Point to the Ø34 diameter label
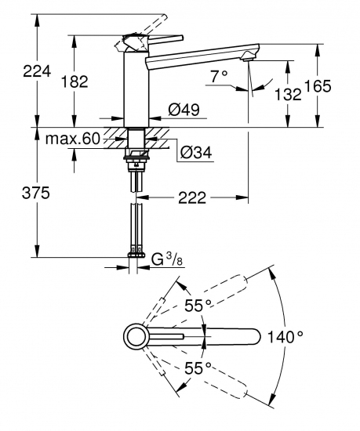pyautogui.click(x=191, y=152)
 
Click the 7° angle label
pyautogui.click(x=220, y=77)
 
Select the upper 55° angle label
pyautogui.click(x=197, y=306)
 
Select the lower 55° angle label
pyautogui.click(x=197, y=366)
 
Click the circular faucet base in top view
pyautogui.click(x=134, y=337)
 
